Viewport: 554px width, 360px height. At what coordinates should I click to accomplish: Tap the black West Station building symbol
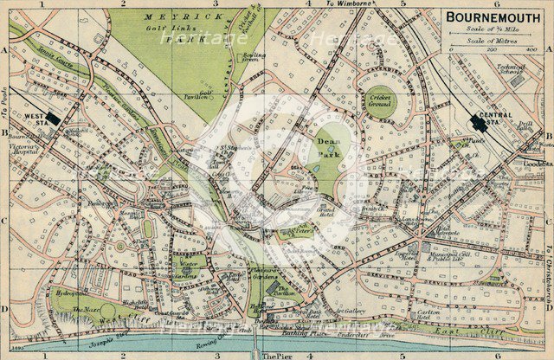point(54,118)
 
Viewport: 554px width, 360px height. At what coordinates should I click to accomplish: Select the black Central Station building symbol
point(476,124)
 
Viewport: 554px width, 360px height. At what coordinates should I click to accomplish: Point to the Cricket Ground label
point(378,100)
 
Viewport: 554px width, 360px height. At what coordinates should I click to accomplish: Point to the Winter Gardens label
point(188,259)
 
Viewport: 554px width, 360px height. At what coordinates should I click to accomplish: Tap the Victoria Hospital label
point(23,150)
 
